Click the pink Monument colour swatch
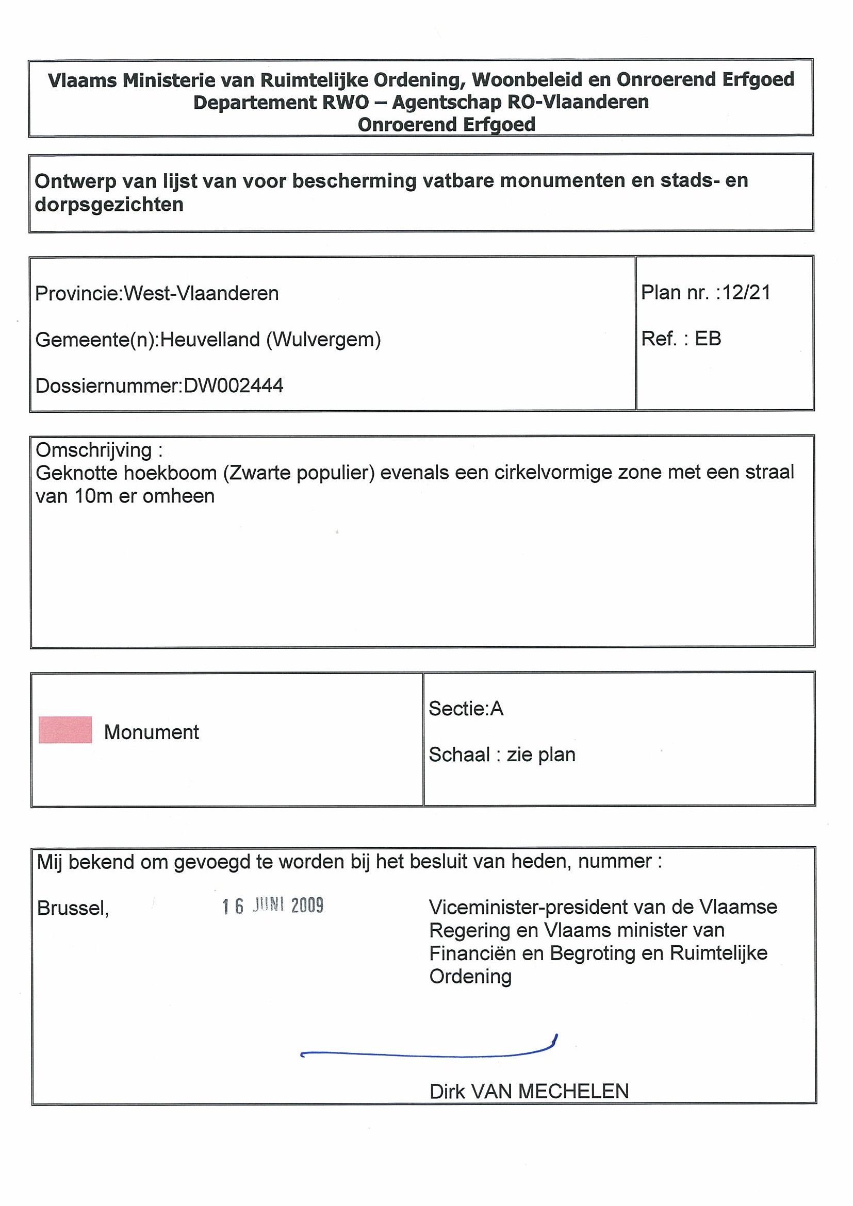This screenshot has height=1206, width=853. (65, 730)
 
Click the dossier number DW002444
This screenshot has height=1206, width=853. (233, 386)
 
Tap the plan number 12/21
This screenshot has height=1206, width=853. (746, 293)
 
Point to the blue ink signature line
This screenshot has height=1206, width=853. (429, 1052)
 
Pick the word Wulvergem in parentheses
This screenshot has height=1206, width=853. (323, 340)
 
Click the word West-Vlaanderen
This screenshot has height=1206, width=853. (201, 293)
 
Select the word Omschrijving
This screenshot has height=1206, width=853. (93, 450)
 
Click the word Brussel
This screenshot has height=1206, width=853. (72, 908)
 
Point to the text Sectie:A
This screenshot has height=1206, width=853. (466, 709)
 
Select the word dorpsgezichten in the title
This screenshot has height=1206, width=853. (109, 204)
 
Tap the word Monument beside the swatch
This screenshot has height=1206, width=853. (152, 732)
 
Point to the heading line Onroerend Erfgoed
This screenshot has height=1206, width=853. (446, 125)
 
